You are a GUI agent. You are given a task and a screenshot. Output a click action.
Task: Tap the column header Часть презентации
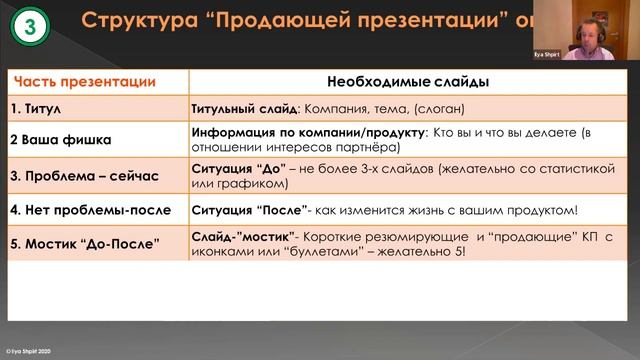pyautogui.click(x=83, y=81)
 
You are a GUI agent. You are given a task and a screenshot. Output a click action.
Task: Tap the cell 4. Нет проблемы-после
pyautogui.click(x=90, y=211)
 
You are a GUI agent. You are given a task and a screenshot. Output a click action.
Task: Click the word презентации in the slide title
pyautogui.click(x=412, y=19)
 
